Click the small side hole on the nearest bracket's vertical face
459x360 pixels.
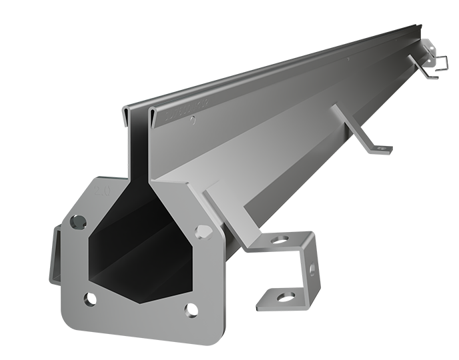click(x=312, y=268)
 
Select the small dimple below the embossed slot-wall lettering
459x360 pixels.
click(x=193, y=121)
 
